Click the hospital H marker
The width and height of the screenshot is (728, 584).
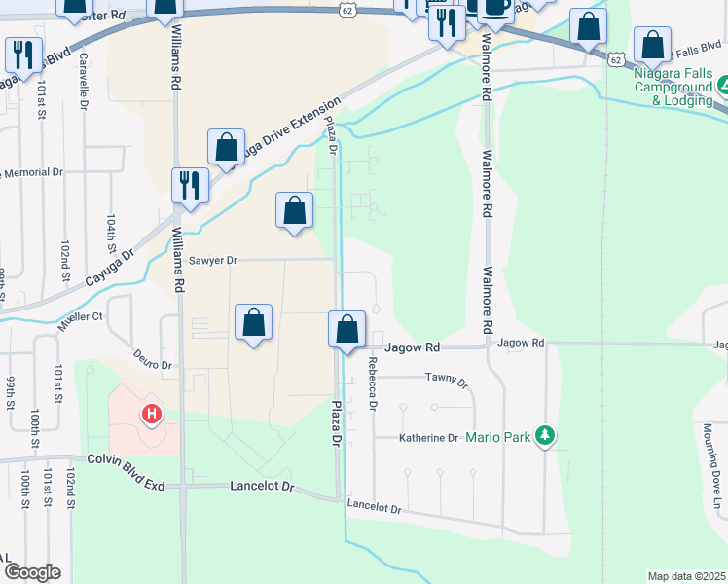(x=151, y=415)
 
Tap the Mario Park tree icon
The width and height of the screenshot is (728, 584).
(x=547, y=436)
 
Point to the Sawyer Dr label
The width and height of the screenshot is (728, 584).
(x=213, y=260)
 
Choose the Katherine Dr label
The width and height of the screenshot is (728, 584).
(x=428, y=438)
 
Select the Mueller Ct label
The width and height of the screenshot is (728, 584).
(x=80, y=317)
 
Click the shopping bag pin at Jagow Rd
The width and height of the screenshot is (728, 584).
(x=346, y=329)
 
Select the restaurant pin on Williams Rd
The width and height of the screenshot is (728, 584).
(x=190, y=185)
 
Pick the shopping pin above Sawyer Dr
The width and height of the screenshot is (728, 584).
(x=294, y=211)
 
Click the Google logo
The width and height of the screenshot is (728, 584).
(x=32, y=572)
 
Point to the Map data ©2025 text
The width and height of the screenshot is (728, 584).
(x=686, y=576)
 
